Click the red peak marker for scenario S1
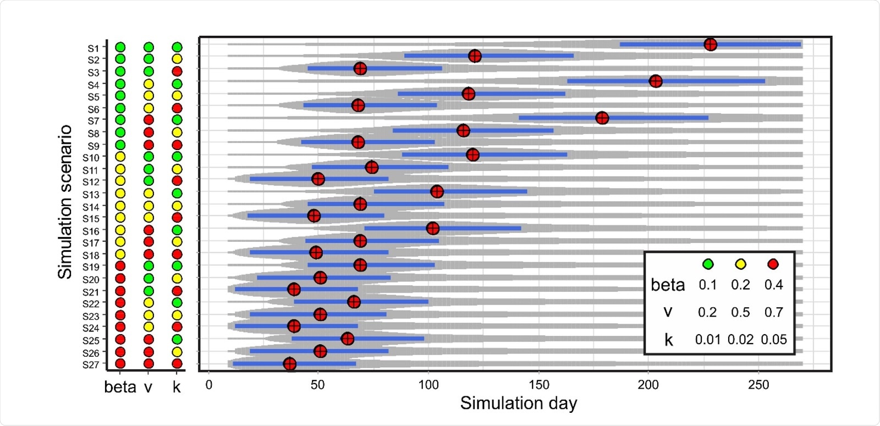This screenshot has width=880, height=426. click(710, 45)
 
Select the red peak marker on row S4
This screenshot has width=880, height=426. click(655, 81)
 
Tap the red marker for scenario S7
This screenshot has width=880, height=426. click(602, 118)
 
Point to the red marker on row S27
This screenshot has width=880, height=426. click(289, 363)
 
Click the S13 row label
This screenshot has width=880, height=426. click(91, 195)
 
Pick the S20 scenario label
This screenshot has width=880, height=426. click(91, 279)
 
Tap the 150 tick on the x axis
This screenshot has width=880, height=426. click(538, 385)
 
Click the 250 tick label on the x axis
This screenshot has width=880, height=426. click(758, 385)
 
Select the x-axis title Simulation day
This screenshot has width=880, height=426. click(518, 403)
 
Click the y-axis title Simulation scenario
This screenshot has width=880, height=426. click(65, 202)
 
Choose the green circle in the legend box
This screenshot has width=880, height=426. click(708, 264)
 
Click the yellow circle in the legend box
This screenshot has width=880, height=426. click(740, 264)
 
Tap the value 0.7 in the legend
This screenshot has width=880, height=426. click(773, 312)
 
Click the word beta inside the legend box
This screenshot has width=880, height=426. click(667, 285)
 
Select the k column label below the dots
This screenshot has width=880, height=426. click(177, 387)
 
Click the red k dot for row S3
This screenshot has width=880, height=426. click(177, 71)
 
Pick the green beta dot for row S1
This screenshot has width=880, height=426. click(120, 47)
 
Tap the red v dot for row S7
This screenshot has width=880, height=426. click(148, 120)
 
